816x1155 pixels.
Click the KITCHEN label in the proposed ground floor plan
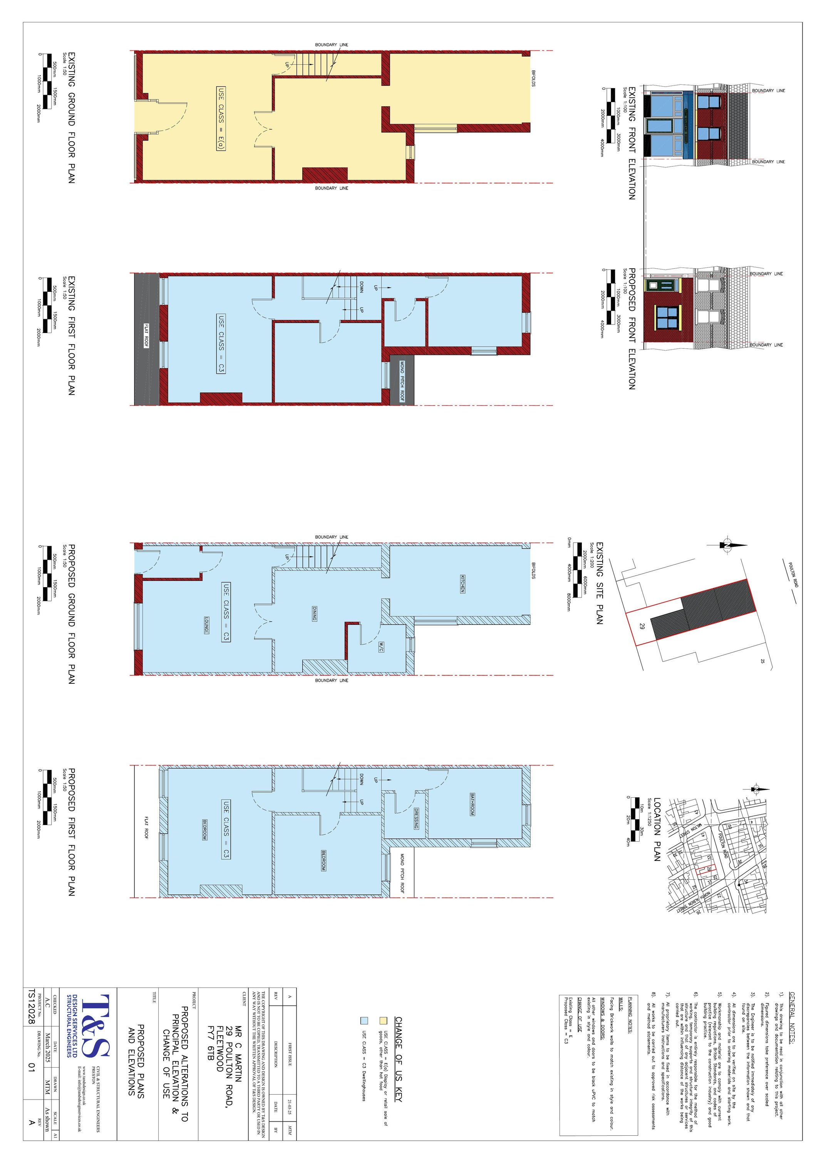point(462,584)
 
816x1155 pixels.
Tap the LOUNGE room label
point(206,625)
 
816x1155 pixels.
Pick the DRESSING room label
point(416,819)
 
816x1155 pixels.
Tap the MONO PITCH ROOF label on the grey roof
point(402,381)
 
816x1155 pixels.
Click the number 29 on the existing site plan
point(642,626)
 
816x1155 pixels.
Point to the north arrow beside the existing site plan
point(727,545)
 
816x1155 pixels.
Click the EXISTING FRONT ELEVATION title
point(632,143)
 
